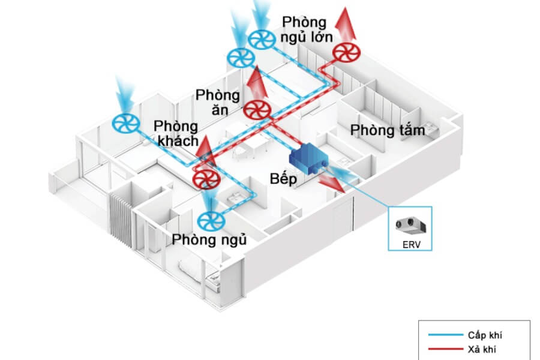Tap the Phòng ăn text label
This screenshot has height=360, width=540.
(217, 103)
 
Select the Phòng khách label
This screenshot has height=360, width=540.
(176, 134)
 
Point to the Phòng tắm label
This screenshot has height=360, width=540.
(388, 130)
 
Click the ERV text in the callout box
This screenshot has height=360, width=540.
(410, 244)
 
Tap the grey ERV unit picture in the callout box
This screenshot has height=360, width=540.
(410, 226)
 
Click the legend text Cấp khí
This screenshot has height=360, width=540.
(483, 334)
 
